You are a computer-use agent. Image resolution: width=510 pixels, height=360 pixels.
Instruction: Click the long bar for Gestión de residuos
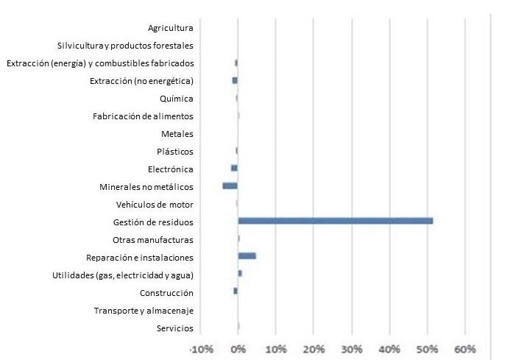pyautogui.click(x=335, y=221)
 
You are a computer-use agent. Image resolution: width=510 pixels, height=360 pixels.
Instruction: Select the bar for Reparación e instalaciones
pyautogui.click(x=247, y=256)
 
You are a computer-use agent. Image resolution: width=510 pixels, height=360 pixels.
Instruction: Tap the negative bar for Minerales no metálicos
pyautogui.click(x=230, y=186)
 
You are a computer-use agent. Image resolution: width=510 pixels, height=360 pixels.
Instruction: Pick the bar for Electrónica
pyautogui.click(x=234, y=168)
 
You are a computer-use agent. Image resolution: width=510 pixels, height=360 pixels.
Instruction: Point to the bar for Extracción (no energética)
pyautogui.click(x=235, y=80)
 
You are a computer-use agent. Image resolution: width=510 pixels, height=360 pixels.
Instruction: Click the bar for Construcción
pyautogui.click(x=235, y=292)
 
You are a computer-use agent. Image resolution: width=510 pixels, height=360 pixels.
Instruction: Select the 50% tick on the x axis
pyautogui.click(x=427, y=348)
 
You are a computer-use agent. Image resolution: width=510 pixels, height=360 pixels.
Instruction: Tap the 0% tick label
pyautogui.click(x=238, y=348)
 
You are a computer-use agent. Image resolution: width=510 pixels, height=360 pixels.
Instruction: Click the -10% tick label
pyautogui.click(x=200, y=348)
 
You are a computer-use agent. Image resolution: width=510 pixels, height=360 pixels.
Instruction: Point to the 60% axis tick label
pyautogui.click(x=464, y=348)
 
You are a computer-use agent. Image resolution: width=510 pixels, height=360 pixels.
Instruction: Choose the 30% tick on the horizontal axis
pyautogui.click(x=351, y=348)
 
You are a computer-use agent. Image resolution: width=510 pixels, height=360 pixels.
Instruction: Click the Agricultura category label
pyautogui.click(x=170, y=28)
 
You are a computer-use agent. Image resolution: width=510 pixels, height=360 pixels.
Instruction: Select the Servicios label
pyautogui.click(x=175, y=328)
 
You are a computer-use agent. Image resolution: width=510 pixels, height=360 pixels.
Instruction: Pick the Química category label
pyautogui.click(x=176, y=99)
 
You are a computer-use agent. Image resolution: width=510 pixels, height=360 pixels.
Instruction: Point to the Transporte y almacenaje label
pyautogui.click(x=144, y=311)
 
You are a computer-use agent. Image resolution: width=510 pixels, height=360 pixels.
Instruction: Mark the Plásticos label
pyautogui.click(x=175, y=152)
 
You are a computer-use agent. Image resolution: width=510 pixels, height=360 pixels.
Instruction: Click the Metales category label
pyautogui.click(x=177, y=134)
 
